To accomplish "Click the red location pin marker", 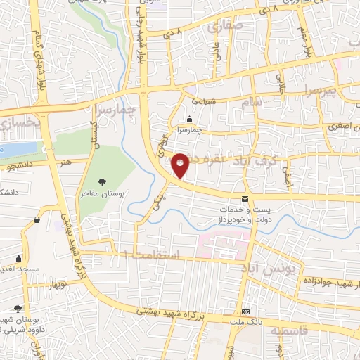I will (x=181, y=165).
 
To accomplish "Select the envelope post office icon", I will (x=244, y=200).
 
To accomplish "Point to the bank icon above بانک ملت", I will (x=245, y=311).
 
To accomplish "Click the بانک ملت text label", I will (x=245, y=321).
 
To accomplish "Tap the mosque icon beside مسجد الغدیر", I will (x=19, y=259).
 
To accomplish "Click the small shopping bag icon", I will (x=36, y=219).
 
